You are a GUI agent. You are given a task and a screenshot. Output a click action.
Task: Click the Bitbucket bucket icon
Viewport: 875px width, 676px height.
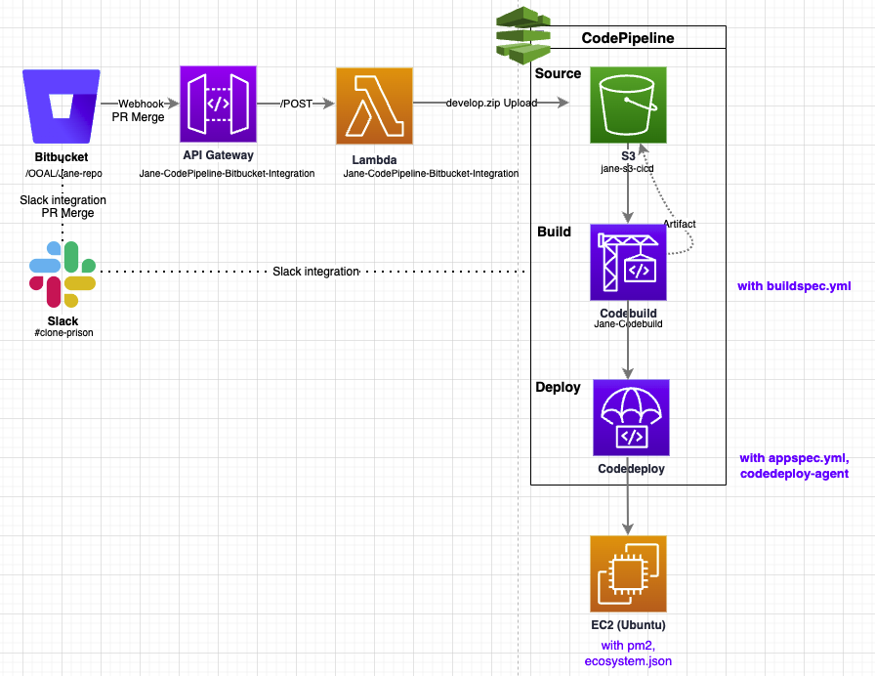pyautogui.click(x=62, y=106)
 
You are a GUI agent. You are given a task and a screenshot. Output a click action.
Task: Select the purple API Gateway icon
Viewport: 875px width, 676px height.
pyautogui.click(x=218, y=105)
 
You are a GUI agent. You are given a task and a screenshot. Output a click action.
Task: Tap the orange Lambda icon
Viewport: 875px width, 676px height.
pyautogui.click(x=374, y=106)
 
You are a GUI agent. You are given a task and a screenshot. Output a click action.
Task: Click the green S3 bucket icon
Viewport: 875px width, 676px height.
pyautogui.click(x=628, y=105)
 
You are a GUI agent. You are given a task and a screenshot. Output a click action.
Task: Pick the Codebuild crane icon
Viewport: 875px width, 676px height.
pyautogui.click(x=628, y=263)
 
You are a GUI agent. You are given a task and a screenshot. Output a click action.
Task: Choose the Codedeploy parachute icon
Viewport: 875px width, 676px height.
pyautogui.click(x=631, y=417)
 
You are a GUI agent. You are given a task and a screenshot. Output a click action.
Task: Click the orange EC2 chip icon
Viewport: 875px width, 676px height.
pyautogui.click(x=628, y=573)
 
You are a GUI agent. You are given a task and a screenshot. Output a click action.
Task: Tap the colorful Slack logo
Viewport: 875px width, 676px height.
pyautogui.click(x=62, y=275)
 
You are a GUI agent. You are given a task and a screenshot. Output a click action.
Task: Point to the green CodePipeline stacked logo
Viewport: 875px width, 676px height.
pyautogui.click(x=522, y=34)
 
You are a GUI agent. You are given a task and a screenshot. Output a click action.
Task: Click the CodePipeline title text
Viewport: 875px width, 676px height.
pyautogui.click(x=628, y=38)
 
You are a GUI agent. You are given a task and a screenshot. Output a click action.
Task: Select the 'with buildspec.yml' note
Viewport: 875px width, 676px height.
pyautogui.click(x=794, y=286)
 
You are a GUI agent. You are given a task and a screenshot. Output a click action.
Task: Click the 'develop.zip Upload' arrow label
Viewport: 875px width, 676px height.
pyautogui.click(x=491, y=103)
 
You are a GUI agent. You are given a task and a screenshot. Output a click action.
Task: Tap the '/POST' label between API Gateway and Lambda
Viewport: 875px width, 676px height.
pyautogui.click(x=296, y=104)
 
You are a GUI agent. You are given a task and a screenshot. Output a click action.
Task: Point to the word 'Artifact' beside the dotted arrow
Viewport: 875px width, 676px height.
pyautogui.click(x=679, y=224)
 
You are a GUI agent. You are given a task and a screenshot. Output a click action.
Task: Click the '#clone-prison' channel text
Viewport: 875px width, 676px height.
pyautogui.click(x=63, y=333)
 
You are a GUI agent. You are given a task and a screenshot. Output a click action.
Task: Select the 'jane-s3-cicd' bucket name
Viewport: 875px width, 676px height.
pyautogui.click(x=627, y=169)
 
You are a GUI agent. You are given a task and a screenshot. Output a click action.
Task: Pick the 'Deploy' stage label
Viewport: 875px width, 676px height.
pyautogui.click(x=558, y=388)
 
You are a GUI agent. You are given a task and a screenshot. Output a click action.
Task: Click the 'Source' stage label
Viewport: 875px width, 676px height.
pyautogui.click(x=558, y=73)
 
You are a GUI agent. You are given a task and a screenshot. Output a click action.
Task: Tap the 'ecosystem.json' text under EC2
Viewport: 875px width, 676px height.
pyautogui.click(x=628, y=661)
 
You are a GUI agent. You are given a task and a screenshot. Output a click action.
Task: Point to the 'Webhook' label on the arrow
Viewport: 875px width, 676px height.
pyautogui.click(x=141, y=104)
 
